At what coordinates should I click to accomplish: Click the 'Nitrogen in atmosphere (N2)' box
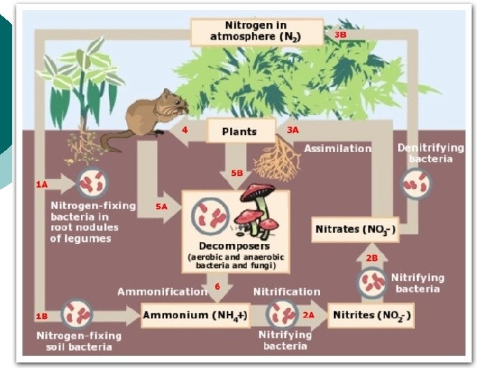[257, 31]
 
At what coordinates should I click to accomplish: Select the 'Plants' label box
[240, 130]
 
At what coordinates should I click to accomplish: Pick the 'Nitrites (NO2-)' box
[372, 315]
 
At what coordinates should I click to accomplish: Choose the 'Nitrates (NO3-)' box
[355, 229]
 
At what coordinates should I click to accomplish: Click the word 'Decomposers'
[235, 245]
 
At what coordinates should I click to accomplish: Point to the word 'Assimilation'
[338, 148]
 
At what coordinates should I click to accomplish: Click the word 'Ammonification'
[163, 292]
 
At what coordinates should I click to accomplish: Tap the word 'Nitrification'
[287, 292]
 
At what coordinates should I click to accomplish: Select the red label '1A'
[42, 184]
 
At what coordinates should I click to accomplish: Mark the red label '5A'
[161, 206]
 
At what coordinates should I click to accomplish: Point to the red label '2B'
[372, 258]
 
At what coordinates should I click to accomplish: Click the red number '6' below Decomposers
[217, 286]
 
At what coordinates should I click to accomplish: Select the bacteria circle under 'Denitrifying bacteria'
[416, 183]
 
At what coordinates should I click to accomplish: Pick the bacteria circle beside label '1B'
[77, 315]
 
